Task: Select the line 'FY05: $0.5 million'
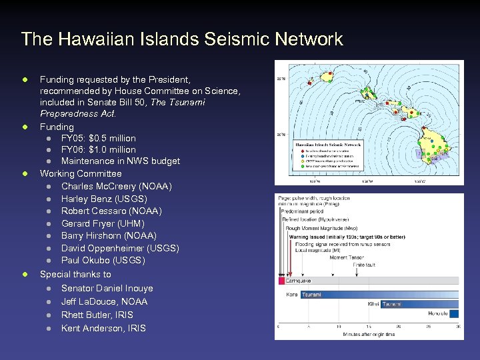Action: pos(98,138)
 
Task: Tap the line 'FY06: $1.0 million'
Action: pos(98,149)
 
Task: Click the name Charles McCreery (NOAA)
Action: pos(116,186)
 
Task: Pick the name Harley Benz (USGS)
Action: pos(104,199)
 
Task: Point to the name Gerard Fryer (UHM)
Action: pos(103,223)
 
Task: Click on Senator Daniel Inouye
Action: pos(107,288)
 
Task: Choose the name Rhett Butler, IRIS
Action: pos(97,315)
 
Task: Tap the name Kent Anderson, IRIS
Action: pos(103,328)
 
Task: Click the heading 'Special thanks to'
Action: pos(75,274)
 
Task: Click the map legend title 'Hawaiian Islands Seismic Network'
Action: pos(328,144)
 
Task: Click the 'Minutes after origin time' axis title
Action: pos(369,334)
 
